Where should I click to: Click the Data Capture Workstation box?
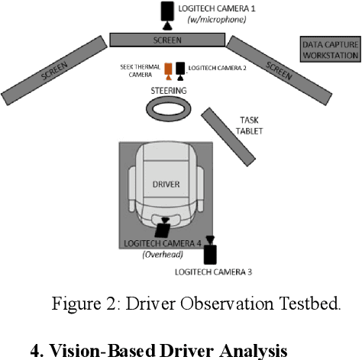(x=330, y=50)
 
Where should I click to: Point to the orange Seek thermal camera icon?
(x=168, y=72)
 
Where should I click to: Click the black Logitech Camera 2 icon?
(x=180, y=71)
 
